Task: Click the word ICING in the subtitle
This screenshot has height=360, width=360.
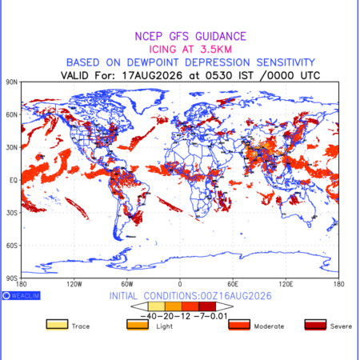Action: tap(162, 50)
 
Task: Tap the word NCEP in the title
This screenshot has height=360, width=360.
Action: tap(149, 36)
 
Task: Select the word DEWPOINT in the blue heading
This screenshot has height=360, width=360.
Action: tap(153, 62)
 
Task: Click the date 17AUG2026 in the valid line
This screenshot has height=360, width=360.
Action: tap(152, 75)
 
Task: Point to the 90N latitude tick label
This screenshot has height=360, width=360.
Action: tap(12, 82)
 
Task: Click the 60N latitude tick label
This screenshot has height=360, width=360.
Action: tap(12, 114)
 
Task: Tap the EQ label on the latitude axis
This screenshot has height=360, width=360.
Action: tap(14, 180)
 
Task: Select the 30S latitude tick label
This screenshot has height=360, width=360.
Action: tap(12, 213)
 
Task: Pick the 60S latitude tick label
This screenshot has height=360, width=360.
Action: tap(12, 246)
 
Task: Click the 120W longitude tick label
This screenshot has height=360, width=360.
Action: tap(74, 284)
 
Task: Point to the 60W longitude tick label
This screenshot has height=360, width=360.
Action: tap(127, 284)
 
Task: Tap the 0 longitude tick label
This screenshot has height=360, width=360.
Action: tap(180, 284)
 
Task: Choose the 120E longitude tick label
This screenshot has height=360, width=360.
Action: tap(286, 284)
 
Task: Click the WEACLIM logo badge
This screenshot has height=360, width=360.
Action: tap(22, 295)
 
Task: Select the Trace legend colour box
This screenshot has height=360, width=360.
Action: tap(57, 325)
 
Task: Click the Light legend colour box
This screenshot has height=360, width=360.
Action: tap(138, 325)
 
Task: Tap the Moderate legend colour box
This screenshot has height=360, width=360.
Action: tap(239, 325)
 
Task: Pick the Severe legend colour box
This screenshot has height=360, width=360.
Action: tap(315, 325)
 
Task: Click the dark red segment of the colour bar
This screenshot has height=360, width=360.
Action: tap(207, 306)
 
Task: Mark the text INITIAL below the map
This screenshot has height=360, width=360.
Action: tap(123, 296)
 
